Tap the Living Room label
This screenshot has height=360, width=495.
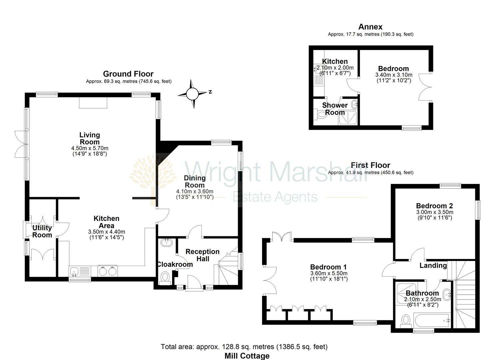pos(90,138)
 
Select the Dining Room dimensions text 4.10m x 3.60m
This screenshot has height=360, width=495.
pos(195,191)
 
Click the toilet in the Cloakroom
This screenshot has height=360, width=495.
pos(165,278)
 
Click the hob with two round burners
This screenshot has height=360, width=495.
pos(108,271)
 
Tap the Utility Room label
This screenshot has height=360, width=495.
pos(42,231)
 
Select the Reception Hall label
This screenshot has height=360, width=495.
pos(203,255)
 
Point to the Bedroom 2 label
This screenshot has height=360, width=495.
pos(434,206)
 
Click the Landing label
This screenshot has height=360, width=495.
pos(433,265)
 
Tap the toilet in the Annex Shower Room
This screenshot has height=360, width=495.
pos(321,114)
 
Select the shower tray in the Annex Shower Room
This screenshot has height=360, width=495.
pos(347,118)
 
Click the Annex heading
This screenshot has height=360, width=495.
pos(370,27)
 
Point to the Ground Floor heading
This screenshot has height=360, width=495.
pos(128,74)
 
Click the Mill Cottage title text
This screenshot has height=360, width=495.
pos(247,356)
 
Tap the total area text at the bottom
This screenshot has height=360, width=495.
pos(244,347)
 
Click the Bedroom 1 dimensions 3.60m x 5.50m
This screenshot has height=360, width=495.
pos(329,273)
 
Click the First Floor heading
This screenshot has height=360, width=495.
pos(371,165)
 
